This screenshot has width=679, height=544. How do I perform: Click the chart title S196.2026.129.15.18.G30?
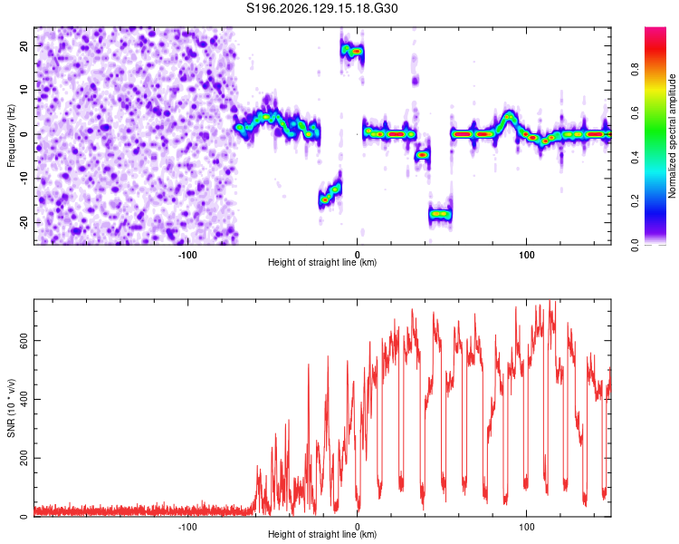[321, 8]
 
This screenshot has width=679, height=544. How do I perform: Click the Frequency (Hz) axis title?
[11, 136]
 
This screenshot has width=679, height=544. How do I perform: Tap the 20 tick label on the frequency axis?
[24, 46]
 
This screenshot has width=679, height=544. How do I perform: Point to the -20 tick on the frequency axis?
[24, 222]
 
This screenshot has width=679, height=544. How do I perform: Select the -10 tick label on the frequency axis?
[24, 179]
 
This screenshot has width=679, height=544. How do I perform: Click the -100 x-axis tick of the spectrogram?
[187, 255]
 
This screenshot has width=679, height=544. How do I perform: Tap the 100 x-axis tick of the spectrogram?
[527, 255]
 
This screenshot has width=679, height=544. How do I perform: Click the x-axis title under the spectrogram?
[322, 262]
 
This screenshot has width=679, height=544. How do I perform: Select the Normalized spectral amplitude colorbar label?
[672, 136]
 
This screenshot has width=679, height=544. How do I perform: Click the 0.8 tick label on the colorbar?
[635, 70]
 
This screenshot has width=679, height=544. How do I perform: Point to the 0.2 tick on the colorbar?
[635, 201]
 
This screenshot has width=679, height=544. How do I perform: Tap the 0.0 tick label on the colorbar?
[635, 245]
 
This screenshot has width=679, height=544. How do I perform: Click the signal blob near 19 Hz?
[352, 51]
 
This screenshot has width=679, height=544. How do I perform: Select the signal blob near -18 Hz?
[440, 214]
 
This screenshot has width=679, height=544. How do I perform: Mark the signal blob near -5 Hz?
[422, 155]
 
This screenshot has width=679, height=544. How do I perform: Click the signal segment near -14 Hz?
[330, 193]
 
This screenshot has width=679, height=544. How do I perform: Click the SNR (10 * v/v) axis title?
[11, 408]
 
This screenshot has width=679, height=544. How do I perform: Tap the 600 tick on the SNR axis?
[24, 341]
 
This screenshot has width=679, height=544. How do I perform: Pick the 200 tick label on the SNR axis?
[24, 459]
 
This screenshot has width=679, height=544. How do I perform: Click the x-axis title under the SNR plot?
[322, 534]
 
